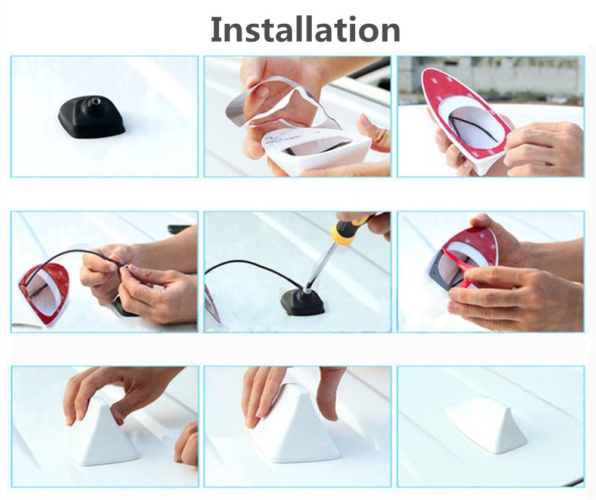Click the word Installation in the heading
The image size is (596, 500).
click(305, 30)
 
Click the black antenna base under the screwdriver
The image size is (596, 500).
click(303, 302)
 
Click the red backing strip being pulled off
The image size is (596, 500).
click(464, 266)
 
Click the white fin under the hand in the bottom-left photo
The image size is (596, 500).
click(101, 433)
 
